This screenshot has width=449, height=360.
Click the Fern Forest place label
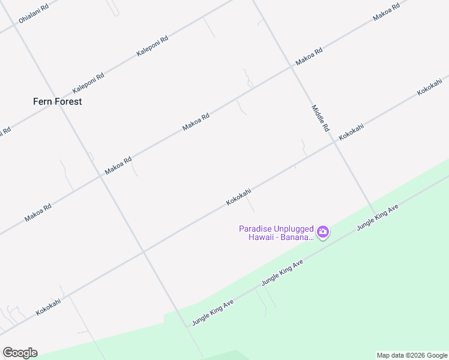[57, 101]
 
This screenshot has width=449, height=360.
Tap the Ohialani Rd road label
[32, 12]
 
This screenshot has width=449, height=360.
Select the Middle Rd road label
[320, 118]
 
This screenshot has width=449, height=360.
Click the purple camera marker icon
[323, 232]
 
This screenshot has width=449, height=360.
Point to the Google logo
[20, 352]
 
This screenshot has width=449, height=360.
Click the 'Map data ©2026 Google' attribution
[412, 355]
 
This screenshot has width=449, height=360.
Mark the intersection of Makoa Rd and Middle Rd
[292, 67]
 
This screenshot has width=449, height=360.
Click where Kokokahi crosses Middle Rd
[334, 143]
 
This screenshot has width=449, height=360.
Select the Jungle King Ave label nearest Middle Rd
[378, 217]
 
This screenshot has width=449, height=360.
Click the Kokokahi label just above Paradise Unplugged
[238, 197]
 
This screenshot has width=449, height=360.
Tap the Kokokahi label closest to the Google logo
[48, 307]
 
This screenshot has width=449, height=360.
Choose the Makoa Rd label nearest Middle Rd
[309, 57]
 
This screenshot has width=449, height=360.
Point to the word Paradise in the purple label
[256, 229]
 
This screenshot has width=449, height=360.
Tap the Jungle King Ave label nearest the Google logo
[212, 313]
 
